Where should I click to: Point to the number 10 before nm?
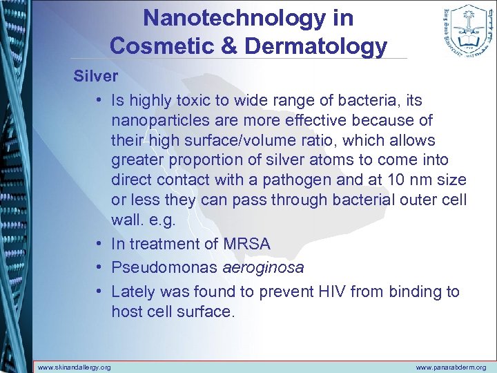(x=396, y=181)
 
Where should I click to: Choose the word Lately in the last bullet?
(x=133, y=291)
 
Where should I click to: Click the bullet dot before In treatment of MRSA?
(x=100, y=245)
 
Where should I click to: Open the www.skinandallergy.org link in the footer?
(x=75, y=367)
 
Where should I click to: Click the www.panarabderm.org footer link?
(x=451, y=367)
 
